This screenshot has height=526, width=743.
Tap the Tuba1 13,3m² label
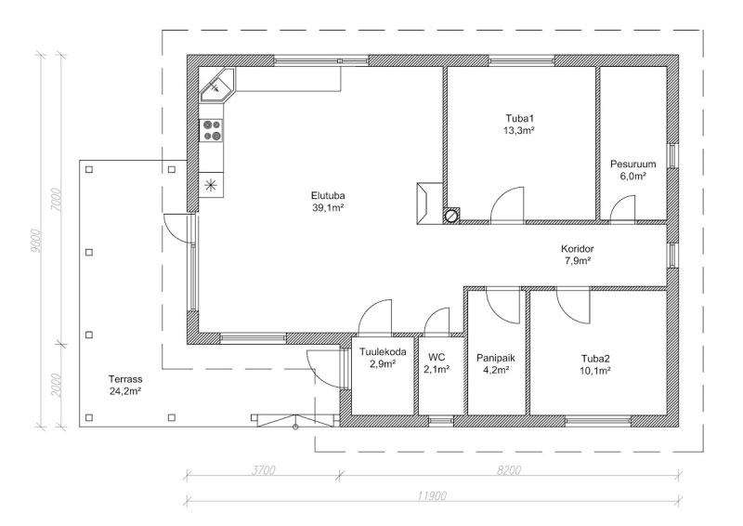point(519,125)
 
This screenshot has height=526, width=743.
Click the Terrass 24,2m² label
point(125,385)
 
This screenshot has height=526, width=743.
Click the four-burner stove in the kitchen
point(212,130)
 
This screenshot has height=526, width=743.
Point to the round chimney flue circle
point(451,216)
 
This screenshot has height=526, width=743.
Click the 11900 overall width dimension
point(432,496)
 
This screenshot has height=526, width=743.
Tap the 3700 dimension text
point(264,470)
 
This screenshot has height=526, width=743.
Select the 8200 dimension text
point(509,470)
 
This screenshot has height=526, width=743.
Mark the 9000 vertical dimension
point(36,242)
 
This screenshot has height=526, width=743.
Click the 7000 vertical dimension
point(57,199)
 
